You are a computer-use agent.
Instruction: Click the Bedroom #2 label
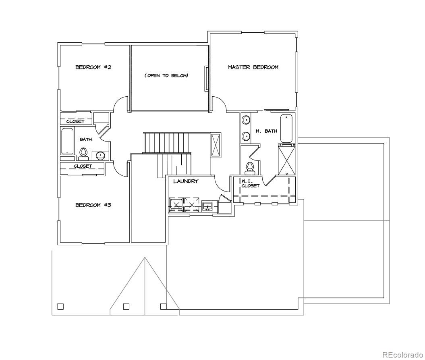[x=93, y=67]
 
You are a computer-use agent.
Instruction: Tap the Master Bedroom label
[x=253, y=67]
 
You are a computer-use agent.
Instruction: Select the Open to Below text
[x=166, y=76]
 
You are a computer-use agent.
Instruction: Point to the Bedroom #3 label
[x=93, y=205]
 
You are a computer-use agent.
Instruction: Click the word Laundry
[x=186, y=181]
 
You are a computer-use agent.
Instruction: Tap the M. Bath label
[x=266, y=131]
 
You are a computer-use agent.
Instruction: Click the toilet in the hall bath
[x=83, y=152]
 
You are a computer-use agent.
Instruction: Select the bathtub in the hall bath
[x=67, y=141]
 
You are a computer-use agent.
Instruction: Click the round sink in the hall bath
[x=100, y=156]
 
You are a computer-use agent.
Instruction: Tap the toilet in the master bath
[x=249, y=166]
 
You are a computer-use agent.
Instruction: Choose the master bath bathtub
[x=286, y=128]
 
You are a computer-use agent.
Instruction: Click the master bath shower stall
[x=287, y=160]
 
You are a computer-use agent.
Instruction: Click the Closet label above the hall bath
[x=75, y=121]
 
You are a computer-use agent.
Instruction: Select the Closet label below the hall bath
[x=83, y=166]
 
